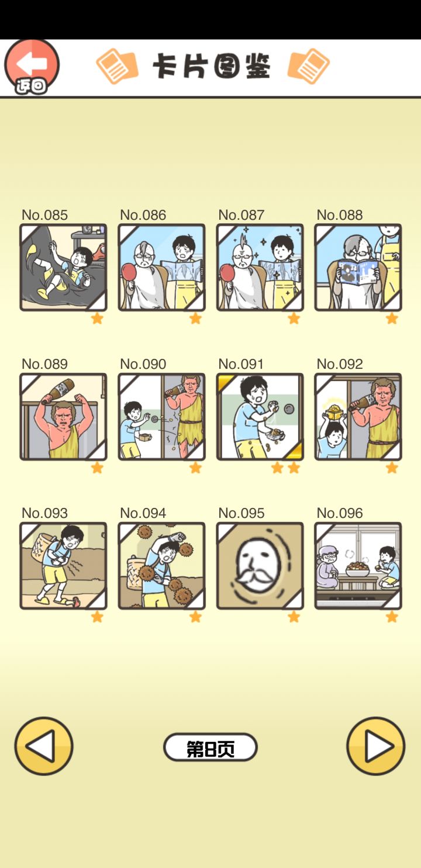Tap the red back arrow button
[32, 67]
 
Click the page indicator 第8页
[210, 746]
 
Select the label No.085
[44, 215]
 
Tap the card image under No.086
[161, 267]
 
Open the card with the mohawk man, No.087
[260, 267]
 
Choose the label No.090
[143, 364]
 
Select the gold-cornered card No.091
[260, 417]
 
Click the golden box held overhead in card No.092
[334, 412]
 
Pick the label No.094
[143, 513]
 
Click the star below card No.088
[392, 319]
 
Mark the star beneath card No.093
[97, 617]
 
